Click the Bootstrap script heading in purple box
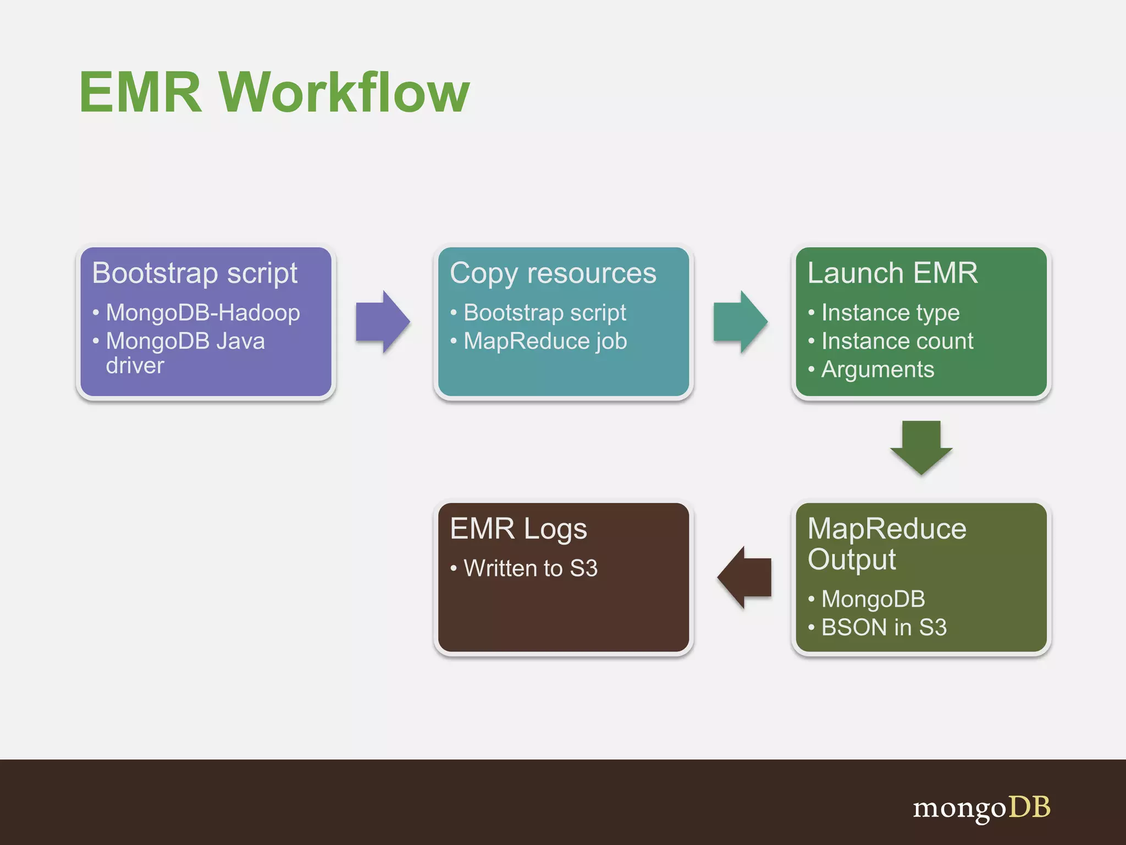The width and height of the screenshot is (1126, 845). point(195,273)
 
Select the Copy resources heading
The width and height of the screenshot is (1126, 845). point(553,273)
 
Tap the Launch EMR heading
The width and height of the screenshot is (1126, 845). point(892,273)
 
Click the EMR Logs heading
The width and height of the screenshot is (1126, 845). point(518,529)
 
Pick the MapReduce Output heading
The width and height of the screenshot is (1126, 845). point(886,544)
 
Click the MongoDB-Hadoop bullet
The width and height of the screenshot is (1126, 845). point(202,312)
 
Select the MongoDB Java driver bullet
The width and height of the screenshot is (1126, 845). point(185,353)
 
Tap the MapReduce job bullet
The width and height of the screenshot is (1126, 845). point(545,341)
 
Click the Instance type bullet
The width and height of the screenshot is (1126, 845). point(890,312)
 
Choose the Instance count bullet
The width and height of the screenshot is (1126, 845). point(897,341)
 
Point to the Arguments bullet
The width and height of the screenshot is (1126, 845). point(877,370)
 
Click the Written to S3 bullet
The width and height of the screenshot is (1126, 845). point(530,568)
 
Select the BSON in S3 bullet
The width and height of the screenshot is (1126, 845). point(884,627)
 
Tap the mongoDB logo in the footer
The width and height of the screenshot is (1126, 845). point(981,808)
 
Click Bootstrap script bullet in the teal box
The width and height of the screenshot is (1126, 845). point(544,312)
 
